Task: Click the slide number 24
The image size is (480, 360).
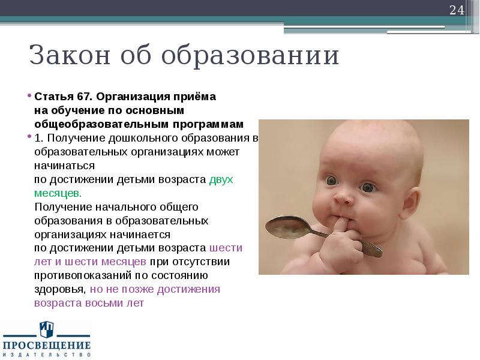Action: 457,10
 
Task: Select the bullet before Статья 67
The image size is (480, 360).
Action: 29,96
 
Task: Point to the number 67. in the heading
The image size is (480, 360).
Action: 84,97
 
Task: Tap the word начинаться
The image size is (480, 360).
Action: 65,166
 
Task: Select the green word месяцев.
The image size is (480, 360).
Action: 57,193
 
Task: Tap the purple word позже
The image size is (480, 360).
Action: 130,289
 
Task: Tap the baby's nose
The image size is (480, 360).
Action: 343,196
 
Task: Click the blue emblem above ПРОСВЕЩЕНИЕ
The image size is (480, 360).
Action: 47,329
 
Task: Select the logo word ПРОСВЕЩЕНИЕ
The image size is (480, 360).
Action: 47,345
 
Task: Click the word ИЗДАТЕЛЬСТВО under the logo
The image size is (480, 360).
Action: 47,355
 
